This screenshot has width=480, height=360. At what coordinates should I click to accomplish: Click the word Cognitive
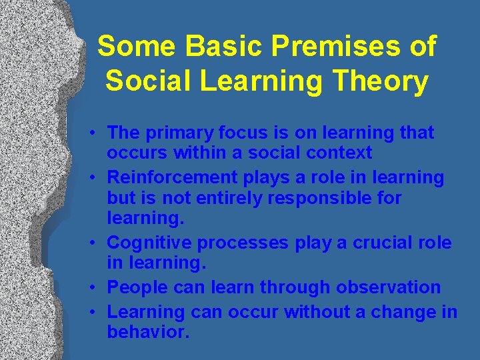(148, 243)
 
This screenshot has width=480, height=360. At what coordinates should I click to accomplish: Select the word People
(137, 287)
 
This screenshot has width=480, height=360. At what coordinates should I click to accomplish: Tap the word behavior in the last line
(148, 331)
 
